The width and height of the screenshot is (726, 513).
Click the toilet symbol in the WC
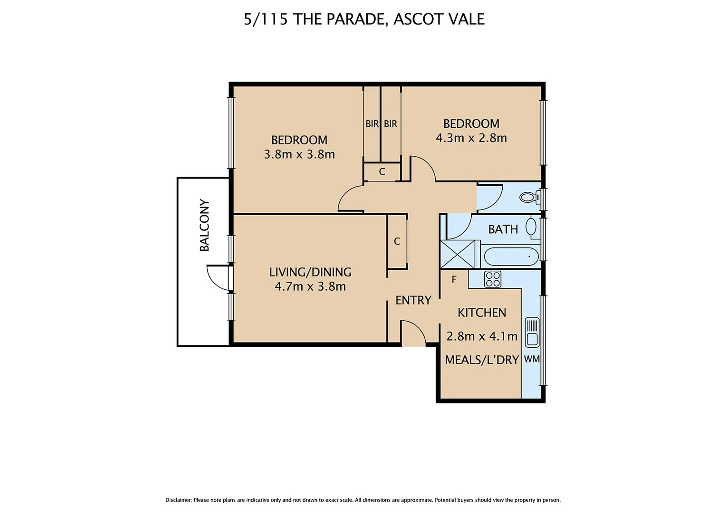pyautogui.click(x=529, y=197)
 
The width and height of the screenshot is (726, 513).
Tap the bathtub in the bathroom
pyautogui.click(x=511, y=257)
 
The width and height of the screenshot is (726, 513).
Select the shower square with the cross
pyautogui.click(x=458, y=255)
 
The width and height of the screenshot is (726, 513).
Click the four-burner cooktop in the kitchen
pyautogui.click(x=493, y=279)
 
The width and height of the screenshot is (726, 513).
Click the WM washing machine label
pyautogui.click(x=532, y=359)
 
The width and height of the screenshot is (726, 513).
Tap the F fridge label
pyautogui.click(x=454, y=280)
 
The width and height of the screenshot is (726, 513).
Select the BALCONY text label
pyautogui.click(x=204, y=225)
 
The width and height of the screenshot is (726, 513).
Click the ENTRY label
pyautogui.click(x=413, y=300)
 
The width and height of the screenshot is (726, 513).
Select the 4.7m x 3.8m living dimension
pyautogui.click(x=310, y=286)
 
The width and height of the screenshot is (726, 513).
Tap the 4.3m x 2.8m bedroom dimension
pyautogui.click(x=471, y=138)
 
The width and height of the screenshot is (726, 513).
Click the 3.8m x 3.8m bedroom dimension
pyautogui.click(x=299, y=154)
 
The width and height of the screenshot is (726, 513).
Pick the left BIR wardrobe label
pyautogui.click(x=372, y=124)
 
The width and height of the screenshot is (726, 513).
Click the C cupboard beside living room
pyautogui.click(x=397, y=241)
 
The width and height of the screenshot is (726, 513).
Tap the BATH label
pyautogui.click(x=503, y=229)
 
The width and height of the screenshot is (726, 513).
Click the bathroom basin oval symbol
pyautogui.click(x=531, y=227)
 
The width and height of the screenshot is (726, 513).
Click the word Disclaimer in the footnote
pyautogui.click(x=178, y=500)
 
